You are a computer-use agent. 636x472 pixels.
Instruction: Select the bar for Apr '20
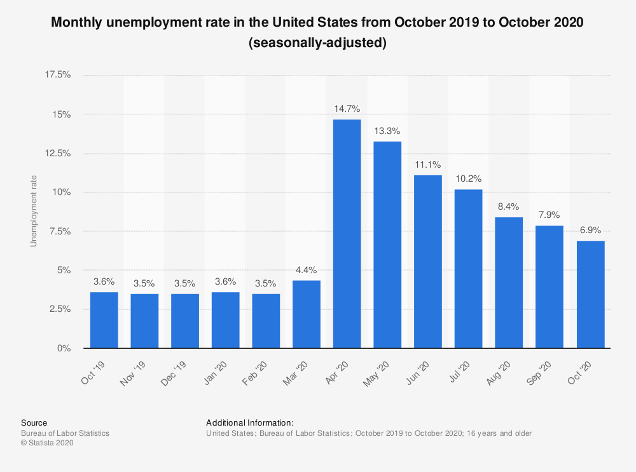[347, 234]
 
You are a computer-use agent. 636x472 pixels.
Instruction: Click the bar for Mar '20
[307, 314]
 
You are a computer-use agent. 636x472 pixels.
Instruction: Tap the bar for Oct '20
[590, 294]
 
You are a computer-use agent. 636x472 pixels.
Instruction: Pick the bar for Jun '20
[428, 262]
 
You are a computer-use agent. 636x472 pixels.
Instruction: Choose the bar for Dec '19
[185, 321]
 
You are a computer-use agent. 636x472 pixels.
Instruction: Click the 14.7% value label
[347, 109]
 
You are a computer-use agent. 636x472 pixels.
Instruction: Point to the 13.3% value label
[387, 131]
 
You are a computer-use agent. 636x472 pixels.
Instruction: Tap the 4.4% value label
[307, 269]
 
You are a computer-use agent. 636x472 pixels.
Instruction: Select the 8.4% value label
[509, 206]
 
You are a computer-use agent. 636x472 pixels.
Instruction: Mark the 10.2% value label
[469, 179]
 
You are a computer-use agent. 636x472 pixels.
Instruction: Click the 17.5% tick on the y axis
[58, 75]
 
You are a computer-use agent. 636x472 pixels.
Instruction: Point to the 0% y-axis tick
[64, 348]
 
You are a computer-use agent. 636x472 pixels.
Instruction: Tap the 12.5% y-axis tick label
[58, 153]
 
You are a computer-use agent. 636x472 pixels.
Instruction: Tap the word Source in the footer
[34, 422]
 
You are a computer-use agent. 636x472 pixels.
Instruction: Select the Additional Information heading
[250, 422]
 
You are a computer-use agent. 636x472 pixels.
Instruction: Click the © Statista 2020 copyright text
[48, 443]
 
